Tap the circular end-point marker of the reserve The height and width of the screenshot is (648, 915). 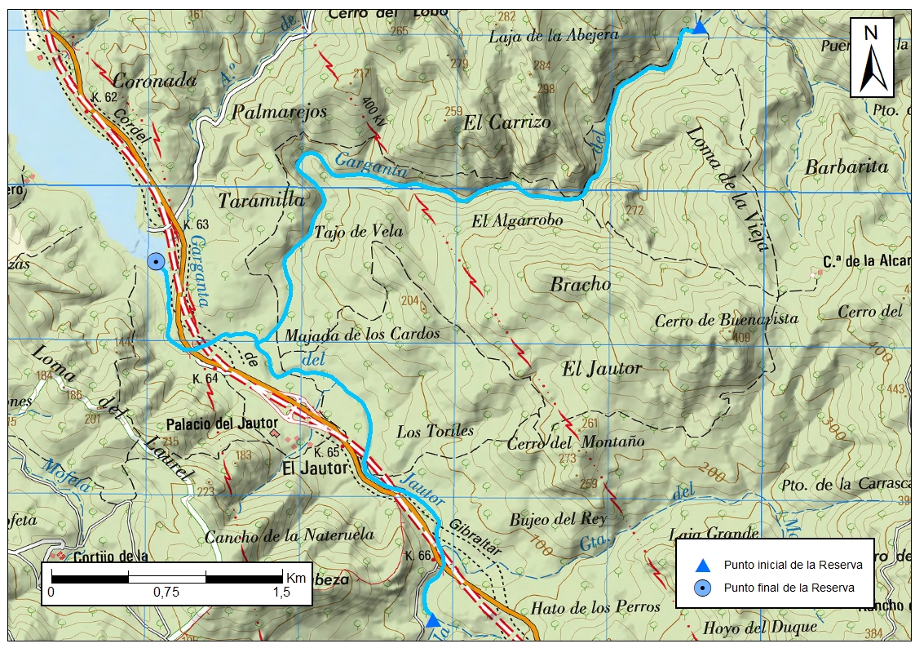(155, 261)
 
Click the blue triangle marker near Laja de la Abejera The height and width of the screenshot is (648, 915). (700, 29)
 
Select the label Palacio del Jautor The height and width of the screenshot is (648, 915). (221, 424)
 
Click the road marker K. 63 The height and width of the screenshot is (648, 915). (197, 224)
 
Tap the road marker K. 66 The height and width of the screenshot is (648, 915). (418, 556)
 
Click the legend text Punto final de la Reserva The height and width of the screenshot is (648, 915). (789, 588)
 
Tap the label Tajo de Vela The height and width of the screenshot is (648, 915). (359, 232)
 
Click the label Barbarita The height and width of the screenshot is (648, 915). (846, 166)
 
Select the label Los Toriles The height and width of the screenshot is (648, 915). (435, 431)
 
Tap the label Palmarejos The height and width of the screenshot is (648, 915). (280, 111)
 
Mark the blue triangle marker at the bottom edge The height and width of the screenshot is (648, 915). (433, 621)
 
